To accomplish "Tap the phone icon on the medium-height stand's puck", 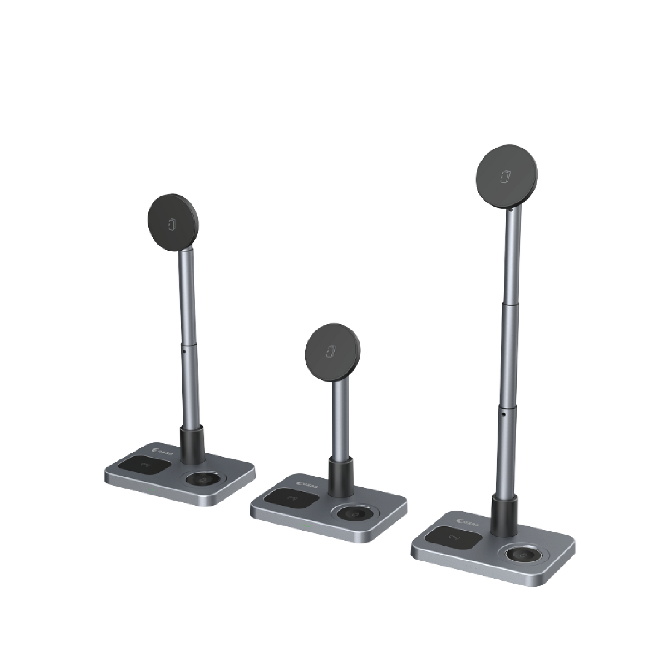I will click(x=173, y=224).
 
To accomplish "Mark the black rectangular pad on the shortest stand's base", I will click(x=291, y=499).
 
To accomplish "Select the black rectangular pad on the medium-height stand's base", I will click(x=143, y=466).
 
